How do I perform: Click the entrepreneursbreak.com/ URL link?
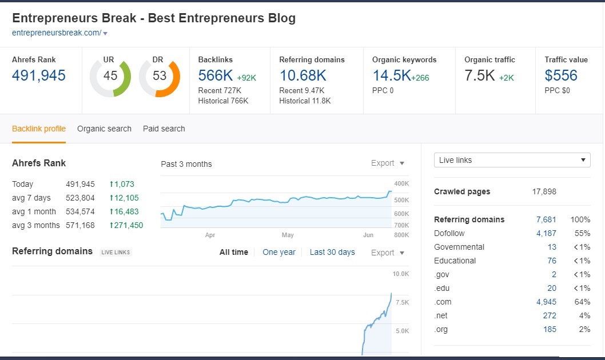56,33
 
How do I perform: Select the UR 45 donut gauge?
110,76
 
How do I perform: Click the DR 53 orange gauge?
160,76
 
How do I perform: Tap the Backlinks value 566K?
216,75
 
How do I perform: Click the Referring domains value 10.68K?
302,75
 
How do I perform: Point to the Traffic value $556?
560,75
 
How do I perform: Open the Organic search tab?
104,129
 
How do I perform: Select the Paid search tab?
164,129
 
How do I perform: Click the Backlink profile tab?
39,129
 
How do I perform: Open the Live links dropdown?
512,160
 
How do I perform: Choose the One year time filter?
279,252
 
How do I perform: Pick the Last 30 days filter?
332,252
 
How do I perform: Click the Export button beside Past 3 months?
388,163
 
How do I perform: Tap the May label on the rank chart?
288,235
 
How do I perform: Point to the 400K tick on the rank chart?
401,183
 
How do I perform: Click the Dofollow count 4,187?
546,233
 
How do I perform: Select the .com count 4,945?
546,302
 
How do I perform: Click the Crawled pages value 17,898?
544,191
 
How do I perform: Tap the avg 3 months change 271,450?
126,225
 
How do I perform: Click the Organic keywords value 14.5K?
391,75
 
